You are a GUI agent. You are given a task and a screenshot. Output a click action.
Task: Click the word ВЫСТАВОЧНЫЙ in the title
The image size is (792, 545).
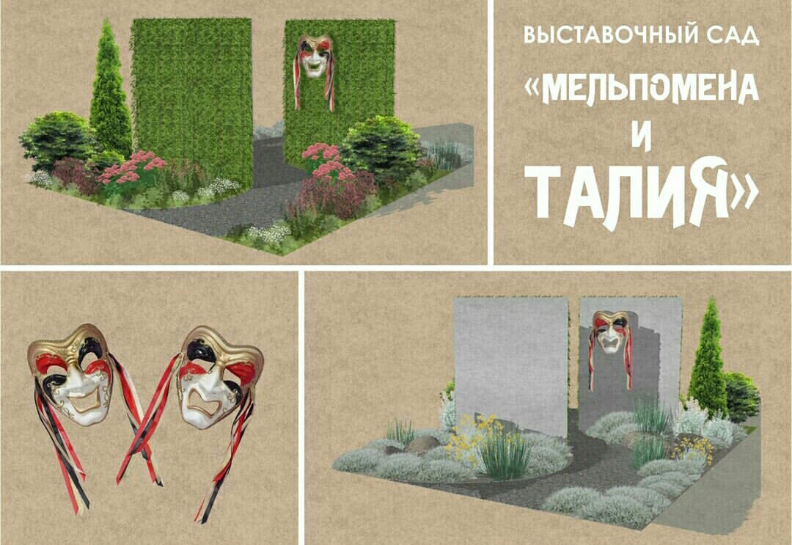(x=606, y=35)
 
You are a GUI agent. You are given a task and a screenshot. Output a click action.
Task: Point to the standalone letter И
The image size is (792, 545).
(x=641, y=138)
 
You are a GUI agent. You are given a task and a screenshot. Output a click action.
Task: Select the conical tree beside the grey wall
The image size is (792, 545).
(x=708, y=358)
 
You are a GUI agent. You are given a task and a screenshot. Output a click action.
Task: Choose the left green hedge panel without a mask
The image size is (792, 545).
(x=192, y=101)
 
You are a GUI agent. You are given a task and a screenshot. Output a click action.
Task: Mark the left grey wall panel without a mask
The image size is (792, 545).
(x=511, y=365)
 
